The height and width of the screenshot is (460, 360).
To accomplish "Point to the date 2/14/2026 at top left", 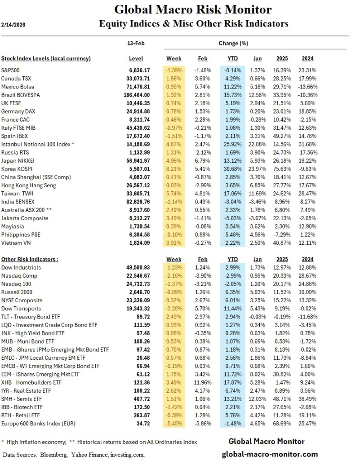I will point(13,25).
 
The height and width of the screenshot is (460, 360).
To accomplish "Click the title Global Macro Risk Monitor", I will point(193,9).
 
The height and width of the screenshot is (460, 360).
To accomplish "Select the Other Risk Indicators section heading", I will point(30,259).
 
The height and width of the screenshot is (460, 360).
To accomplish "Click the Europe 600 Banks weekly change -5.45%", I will point(173,423).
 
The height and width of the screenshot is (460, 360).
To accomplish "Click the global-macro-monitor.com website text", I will point(270,454).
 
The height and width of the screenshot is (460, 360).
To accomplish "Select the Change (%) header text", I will point(233,44).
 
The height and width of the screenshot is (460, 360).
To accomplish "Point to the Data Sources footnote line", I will point(74,455).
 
